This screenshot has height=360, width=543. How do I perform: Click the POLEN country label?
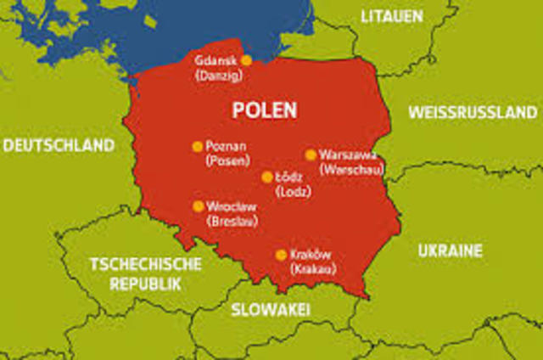(265, 111)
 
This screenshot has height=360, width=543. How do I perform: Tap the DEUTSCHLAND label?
(59, 146)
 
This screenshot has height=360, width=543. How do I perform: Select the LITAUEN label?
(392, 16)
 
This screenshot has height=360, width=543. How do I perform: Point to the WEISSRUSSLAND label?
(473, 113)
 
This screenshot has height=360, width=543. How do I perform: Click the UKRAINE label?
(450, 250)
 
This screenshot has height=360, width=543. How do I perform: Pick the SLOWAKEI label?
(271, 309)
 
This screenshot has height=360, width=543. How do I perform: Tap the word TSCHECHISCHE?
(146, 264)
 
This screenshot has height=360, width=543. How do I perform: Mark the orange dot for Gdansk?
(247, 60)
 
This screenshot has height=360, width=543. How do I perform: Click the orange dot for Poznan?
(197, 146)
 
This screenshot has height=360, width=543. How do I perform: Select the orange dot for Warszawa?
(311, 155)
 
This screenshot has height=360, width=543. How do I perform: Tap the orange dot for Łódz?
(267, 177)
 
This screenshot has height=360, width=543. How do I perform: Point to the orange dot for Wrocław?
(199, 206)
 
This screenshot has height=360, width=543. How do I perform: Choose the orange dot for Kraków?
(281, 255)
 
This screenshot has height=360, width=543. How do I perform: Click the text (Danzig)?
(217, 76)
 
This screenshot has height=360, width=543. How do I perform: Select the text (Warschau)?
(351, 170)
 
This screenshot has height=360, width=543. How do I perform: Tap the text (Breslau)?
(232, 221)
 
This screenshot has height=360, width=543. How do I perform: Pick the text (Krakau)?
(313, 269)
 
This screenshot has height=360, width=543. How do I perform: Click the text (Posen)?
(228, 160)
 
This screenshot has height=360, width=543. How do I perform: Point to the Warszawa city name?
(350, 155)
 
